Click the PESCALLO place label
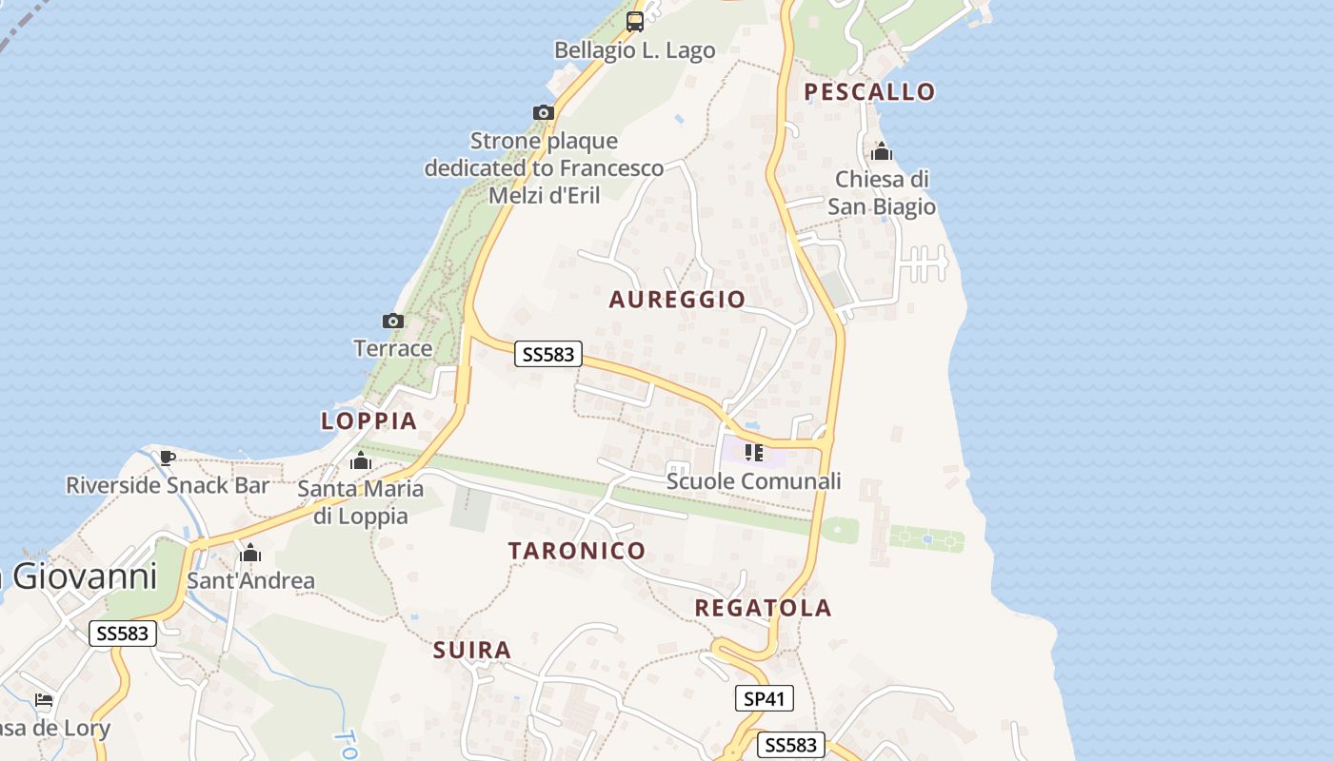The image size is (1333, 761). (869, 91)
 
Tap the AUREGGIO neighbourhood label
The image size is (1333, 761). (677, 300)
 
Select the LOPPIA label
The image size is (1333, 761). (369, 420)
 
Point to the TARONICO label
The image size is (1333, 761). (577, 551)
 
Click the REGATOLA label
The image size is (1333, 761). (763, 608)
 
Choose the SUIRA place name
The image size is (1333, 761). (472, 651)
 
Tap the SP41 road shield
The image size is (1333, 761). (765, 699)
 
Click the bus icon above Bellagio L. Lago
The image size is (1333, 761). (634, 22)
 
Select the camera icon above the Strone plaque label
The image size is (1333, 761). (544, 113)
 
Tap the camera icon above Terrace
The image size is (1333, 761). (392, 322)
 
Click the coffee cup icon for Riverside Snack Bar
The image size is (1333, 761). (168, 458)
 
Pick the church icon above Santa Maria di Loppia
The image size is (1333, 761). (361, 462)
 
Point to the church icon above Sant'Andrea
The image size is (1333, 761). (250, 554)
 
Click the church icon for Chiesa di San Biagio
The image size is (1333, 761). (882, 152)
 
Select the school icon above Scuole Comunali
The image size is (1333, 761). (754, 453)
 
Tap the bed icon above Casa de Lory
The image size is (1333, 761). (44, 702)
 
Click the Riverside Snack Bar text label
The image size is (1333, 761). (168, 485)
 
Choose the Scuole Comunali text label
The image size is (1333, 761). (754, 481)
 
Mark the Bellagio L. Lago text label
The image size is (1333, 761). (634, 50)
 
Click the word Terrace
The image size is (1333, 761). (393, 348)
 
